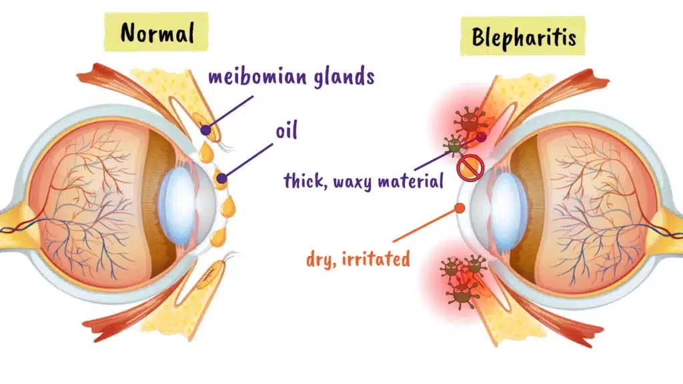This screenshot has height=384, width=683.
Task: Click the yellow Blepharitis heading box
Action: pyautogui.click(x=522, y=37)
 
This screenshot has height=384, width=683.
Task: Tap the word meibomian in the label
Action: pyautogui.click(x=251, y=76)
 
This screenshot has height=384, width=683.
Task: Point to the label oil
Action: pyautogui.click(x=286, y=131)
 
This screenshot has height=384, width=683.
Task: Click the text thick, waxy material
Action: pyautogui.click(x=364, y=180)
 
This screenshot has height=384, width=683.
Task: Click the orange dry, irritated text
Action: pyautogui.click(x=358, y=259)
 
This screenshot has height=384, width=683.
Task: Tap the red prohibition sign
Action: pyautogui.click(x=470, y=167)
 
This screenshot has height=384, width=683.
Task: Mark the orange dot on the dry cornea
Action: pyautogui.click(x=460, y=208)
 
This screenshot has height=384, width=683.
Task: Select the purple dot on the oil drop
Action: pyautogui.click(x=220, y=178)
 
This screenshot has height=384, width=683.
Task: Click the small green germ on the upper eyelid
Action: pyautogui.click(x=454, y=144)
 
